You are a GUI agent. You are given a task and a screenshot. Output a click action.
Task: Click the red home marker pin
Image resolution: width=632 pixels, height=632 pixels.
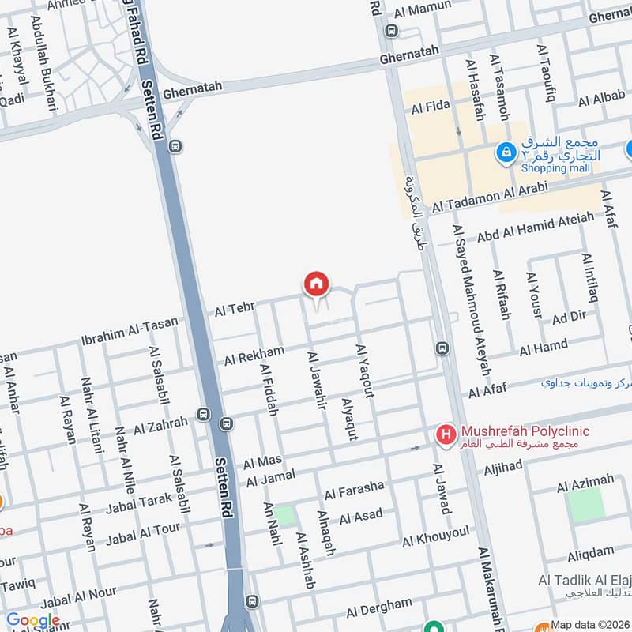tap(316, 284)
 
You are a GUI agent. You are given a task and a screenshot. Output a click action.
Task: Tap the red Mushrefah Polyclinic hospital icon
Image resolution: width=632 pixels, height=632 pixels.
tap(447, 434)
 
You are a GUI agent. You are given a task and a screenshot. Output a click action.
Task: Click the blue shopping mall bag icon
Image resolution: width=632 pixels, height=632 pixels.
tap(506, 152)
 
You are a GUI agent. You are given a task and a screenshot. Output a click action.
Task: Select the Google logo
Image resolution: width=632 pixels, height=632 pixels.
tap(32, 620)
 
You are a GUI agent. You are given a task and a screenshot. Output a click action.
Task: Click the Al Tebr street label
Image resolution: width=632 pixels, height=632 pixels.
tap(233, 310)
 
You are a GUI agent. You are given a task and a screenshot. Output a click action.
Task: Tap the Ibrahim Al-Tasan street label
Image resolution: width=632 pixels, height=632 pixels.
tap(130, 331)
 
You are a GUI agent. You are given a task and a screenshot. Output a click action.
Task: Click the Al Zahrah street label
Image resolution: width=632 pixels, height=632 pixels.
tap(161, 426)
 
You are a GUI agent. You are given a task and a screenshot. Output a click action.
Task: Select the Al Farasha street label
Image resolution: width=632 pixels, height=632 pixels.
tap(354, 490)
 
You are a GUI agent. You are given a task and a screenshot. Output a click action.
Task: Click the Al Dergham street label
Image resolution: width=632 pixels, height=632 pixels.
tap(379, 608)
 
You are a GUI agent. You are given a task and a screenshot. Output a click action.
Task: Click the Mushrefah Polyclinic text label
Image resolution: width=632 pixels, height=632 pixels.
tap(525, 433)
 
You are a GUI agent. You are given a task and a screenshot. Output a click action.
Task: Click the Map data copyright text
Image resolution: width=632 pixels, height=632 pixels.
tap(590, 625)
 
